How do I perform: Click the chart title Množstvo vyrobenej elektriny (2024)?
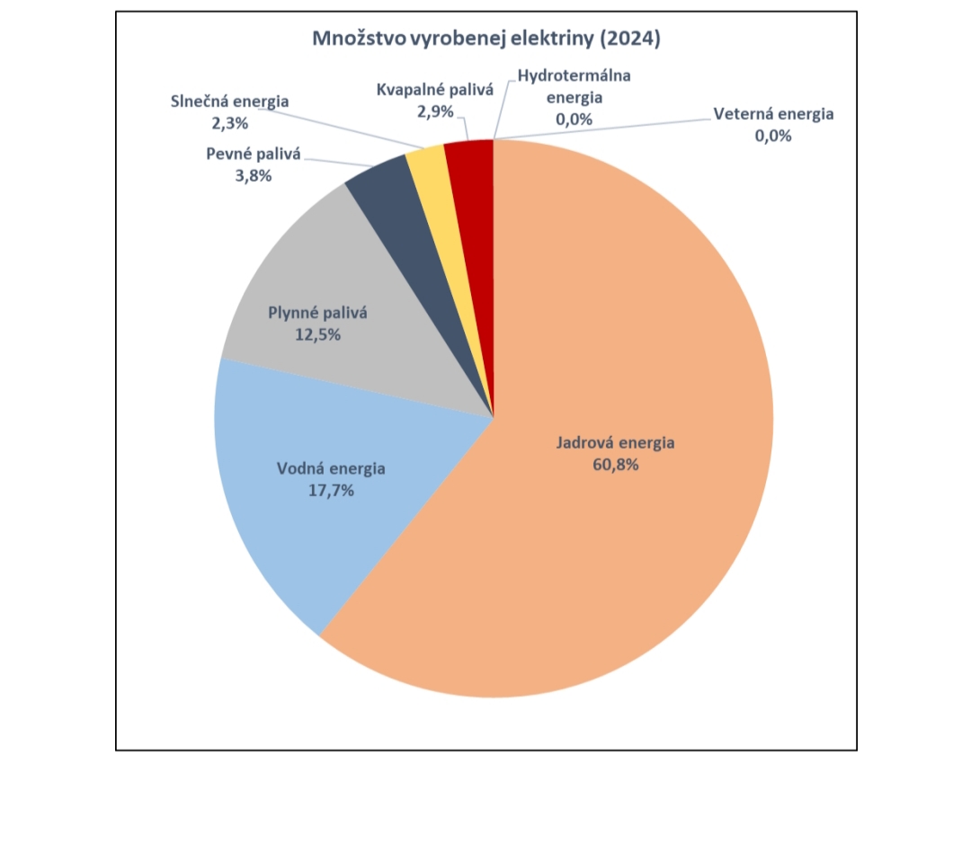point(485,39)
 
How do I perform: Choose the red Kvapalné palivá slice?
point(471,171)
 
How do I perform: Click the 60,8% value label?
point(615,465)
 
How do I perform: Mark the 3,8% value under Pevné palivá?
point(252,175)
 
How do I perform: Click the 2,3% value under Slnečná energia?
point(229,122)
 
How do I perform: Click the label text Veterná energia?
point(773,114)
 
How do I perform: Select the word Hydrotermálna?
point(574,76)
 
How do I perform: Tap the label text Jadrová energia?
point(615,443)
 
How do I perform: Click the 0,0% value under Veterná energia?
point(773,136)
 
